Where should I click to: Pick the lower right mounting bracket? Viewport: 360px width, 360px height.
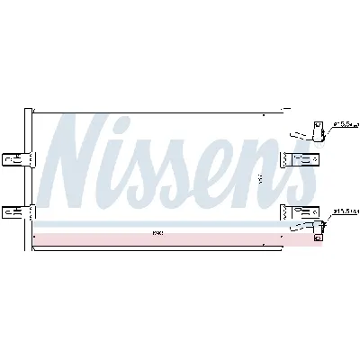coord(295,212)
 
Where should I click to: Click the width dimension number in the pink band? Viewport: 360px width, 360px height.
coord(157,235)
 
